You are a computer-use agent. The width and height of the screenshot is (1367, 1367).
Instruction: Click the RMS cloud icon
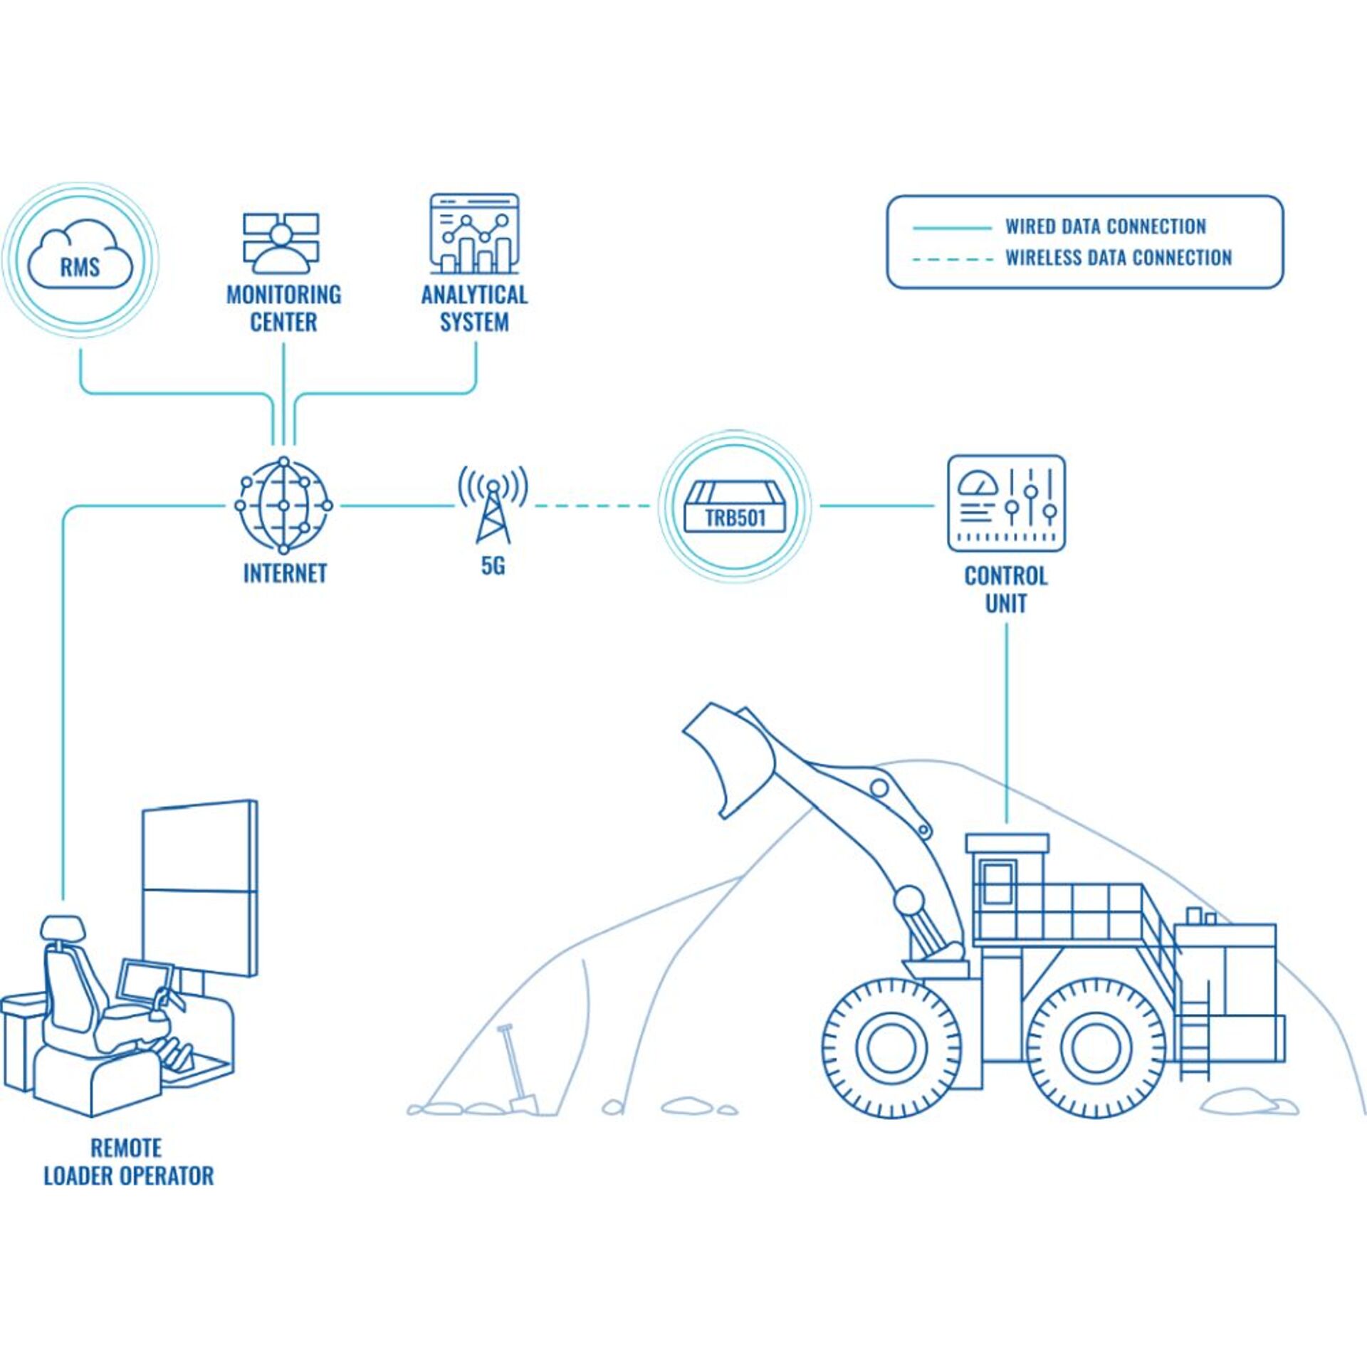(80, 256)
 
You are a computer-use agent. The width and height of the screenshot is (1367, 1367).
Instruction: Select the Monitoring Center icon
(281, 243)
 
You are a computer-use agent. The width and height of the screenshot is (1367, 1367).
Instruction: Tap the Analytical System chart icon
(474, 234)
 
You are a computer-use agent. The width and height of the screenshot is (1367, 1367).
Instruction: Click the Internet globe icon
(283, 506)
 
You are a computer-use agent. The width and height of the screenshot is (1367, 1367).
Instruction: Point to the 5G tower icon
(493, 506)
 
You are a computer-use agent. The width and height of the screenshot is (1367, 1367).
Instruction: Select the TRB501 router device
(735, 507)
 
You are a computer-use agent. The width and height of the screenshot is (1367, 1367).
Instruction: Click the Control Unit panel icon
(1006, 503)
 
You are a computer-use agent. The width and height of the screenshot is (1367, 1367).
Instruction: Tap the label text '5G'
(493, 566)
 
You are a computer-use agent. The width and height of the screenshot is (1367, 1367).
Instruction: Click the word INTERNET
(285, 573)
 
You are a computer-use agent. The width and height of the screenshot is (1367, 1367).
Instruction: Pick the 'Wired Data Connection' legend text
(1105, 226)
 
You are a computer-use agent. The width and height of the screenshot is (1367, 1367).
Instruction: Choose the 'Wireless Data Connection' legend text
(1118, 258)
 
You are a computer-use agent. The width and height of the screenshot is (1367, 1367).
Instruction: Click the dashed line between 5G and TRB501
(592, 506)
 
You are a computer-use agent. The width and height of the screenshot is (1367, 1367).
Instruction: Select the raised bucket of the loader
(726, 762)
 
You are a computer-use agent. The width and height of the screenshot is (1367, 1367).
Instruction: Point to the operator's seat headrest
(63, 927)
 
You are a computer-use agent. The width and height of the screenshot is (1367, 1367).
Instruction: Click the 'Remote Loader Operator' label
(129, 1162)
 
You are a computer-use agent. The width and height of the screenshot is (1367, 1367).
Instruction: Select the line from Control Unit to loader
(1006, 723)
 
